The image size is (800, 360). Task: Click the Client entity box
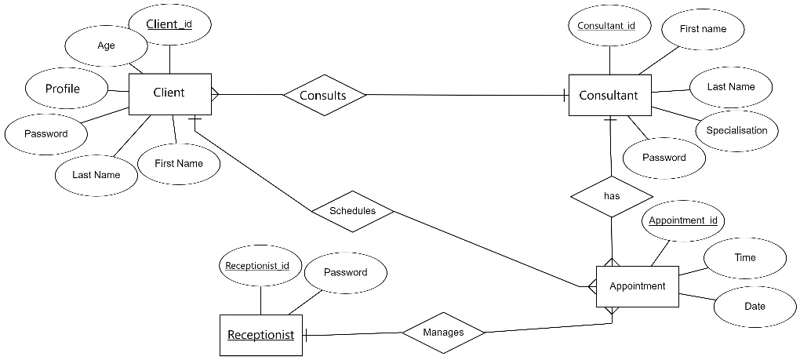pos(169,93)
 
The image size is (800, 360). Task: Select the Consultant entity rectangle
pos(609,96)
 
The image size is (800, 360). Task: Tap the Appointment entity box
pos(637,286)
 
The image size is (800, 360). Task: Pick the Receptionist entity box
pos(260,335)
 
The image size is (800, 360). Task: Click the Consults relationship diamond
pos(323,96)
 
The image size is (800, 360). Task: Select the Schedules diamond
pos(352,211)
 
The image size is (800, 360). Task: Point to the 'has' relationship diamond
pos(612,196)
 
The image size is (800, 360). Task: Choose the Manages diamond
pos(443,333)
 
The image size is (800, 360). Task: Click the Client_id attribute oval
pos(169,24)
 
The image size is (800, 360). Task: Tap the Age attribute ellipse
pos(107,45)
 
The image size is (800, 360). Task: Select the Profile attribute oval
pos(63,89)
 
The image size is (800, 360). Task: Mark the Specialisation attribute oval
pos(736,130)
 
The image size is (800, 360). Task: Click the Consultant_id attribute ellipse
pos(606,26)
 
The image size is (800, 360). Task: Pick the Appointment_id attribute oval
pos(683,220)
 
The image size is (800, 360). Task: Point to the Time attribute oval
pos(744,257)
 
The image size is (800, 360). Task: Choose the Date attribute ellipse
pos(754,306)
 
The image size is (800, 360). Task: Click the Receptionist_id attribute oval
pos(257,266)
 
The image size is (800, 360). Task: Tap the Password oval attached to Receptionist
pos(345,273)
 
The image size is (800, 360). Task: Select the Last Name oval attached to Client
pos(96,175)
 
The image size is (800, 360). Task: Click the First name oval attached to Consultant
pos(703,29)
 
